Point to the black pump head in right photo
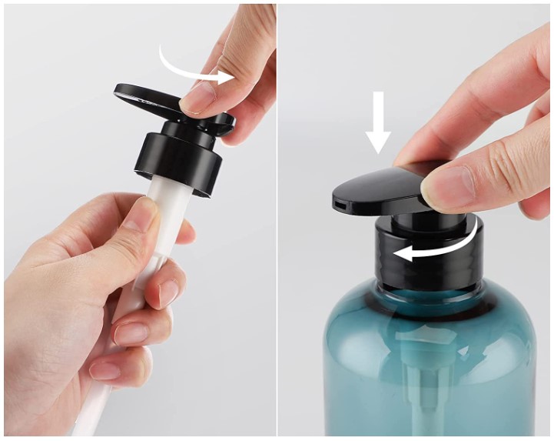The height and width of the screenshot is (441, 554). click(380, 189)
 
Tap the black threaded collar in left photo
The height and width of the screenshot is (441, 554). click(177, 153)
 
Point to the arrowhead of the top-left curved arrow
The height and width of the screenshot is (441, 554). click(225, 76)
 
